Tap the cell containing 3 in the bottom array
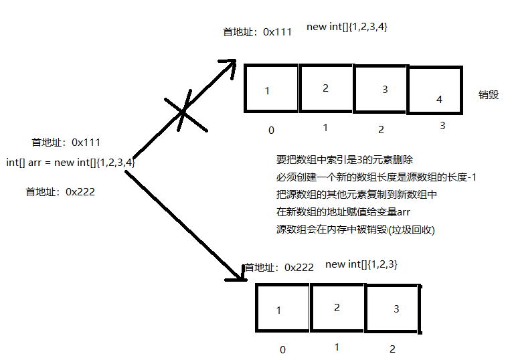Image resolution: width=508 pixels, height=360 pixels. coord(393,308)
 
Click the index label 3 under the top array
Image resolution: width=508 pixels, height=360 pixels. coord(442,126)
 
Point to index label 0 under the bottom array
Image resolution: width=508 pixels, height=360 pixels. coord(282,349)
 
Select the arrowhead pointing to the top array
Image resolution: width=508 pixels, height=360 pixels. coord(230,65)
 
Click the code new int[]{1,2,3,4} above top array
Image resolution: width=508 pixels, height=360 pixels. coord(347,27)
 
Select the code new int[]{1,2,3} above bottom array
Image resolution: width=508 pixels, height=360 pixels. coord(361,264)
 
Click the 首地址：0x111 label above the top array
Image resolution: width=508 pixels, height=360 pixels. coord(258,31)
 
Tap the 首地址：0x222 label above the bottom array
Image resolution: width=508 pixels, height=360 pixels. coord(279,267)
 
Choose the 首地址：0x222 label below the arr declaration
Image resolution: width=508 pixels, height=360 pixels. coord(60,191)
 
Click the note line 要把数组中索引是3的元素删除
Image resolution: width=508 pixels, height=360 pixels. coord(345,160)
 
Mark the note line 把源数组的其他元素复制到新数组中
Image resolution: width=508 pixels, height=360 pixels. coord(357,195)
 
